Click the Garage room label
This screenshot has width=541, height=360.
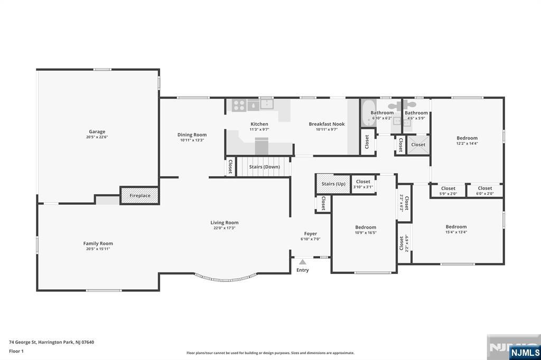point(97,131)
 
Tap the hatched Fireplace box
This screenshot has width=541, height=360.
point(139,195)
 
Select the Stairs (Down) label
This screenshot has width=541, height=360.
point(264,167)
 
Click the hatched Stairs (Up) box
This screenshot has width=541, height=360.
point(333,184)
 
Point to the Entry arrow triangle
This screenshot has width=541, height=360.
point(303,262)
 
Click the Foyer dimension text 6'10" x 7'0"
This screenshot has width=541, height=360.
point(311,239)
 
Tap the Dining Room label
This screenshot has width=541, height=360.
point(192,135)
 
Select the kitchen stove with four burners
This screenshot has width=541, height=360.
point(239,105)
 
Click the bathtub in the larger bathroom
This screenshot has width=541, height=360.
point(368,113)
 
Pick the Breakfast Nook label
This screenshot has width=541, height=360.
point(327,124)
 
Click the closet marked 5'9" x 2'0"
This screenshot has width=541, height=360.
point(448,191)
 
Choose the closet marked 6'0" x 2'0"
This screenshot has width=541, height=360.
point(485,191)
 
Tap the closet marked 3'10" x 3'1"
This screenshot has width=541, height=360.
point(363,184)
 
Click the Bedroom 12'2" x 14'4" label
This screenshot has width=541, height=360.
point(467,138)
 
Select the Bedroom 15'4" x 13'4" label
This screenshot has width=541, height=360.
point(456,226)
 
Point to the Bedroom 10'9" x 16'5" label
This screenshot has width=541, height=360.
point(366,227)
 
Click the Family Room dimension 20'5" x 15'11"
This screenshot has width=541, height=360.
point(98,249)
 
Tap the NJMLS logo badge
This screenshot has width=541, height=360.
point(525,353)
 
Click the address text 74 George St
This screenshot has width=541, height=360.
point(22,343)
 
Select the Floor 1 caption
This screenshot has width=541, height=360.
point(16,352)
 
